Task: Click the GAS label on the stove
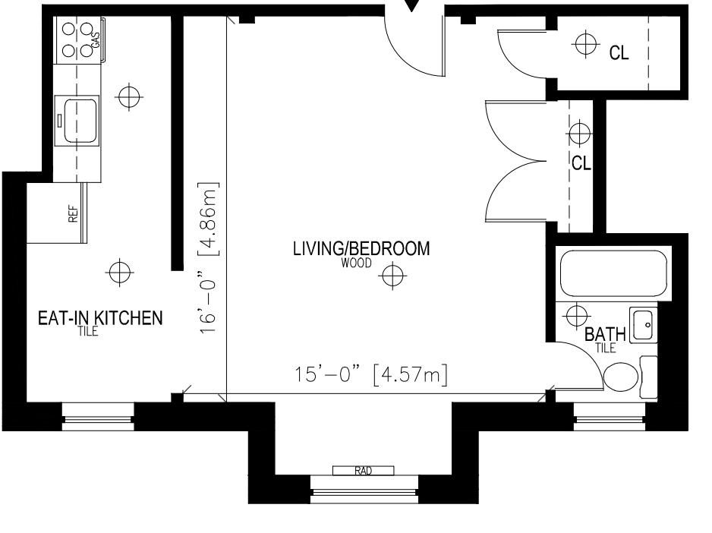[x=96, y=39]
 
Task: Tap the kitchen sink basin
[x=80, y=121]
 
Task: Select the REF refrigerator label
[x=73, y=214]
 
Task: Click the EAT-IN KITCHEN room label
[x=100, y=317]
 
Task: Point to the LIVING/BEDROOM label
[x=361, y=248]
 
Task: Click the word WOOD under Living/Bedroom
[x=356, y=263]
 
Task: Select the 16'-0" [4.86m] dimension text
[x=208, y=258]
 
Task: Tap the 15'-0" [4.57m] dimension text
[x=371, y=375]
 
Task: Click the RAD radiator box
[x=364, y=471]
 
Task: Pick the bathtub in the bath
[x=613, y=273]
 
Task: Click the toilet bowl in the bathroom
[x=621, y=377]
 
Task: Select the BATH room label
[x=605, y=334]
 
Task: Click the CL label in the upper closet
[x=619, y=53]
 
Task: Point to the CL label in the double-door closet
[x=581, y=163]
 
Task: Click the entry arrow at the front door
[x=412, y=6]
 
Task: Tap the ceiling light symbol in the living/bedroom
[x=392, y=276]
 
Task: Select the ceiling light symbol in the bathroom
[x=577, y=315]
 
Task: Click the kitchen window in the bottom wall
[x=98, y=416]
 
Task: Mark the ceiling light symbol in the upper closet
[x=585, y=44]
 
